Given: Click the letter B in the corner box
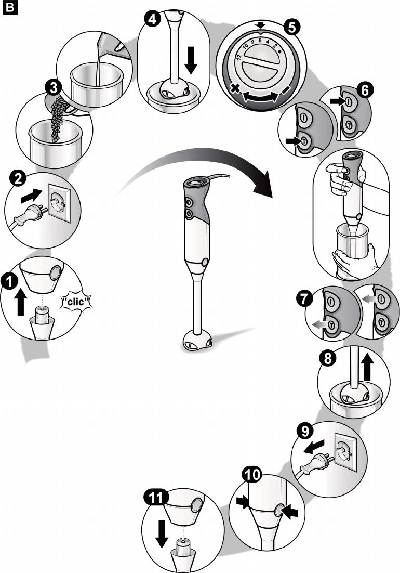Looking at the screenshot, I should click(9, 9).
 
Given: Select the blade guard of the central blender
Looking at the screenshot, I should click(197, 342).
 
